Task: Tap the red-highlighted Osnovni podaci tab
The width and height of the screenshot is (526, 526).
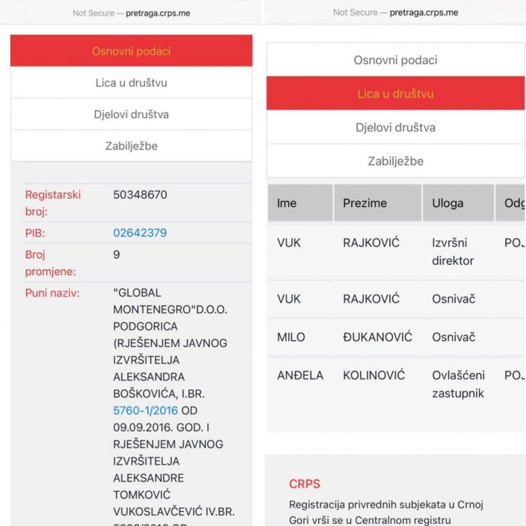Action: pyautogui.click(x=131, y=51)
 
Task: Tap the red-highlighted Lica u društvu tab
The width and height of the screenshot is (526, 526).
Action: pyautogui.click(x=395, y=94)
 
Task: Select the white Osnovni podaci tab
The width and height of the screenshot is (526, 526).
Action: pyautogui.click(x=395, y=60)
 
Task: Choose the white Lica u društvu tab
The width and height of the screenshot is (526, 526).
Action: pyautogui.click(x=131, y=83)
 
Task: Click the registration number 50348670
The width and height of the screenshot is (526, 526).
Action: pyautogui.click(x=140, y=195)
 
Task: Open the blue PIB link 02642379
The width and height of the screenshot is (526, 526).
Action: pyautogui.click(x=140, y=233)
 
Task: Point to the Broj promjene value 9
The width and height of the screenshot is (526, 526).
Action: pyautogui.click(x=117, y=255)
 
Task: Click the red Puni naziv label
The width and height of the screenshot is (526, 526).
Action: pyautogui.click(x=53, y=293)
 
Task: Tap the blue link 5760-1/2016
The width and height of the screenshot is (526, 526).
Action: pyautogui.click(x=146, y=411)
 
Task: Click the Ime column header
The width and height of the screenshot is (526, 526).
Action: pyautogui.click(x=287, y=203)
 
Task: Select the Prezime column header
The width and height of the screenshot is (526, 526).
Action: pyautogui.click(x=365, y=203)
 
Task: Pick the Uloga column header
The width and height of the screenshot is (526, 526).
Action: pyautogui.click(x=447, y=203)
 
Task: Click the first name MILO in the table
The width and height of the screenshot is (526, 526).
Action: pyautogui.click(x=291, y=337)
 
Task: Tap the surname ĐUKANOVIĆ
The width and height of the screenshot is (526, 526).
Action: pyautogui.click(x=378, y=337)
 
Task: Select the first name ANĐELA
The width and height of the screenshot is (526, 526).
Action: pyautogui.click(x=300, y=376)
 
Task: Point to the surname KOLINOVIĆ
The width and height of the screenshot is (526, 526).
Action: pyautogui.click(x=374, y=376)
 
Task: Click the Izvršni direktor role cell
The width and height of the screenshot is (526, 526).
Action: pyautogui.click(x=453, y=251)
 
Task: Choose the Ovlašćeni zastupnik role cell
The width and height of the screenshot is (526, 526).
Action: pyautogui.click(x=458, y=384)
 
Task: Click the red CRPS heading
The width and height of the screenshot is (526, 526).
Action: pyautogui.click(x=305, y=484)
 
